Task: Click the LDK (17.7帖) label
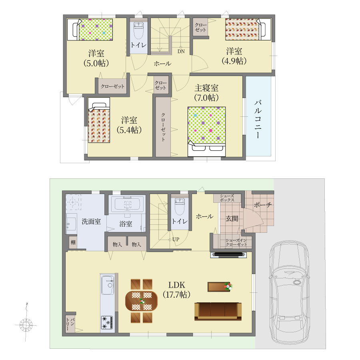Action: click(176, 290)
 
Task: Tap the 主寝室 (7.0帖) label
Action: click(206, 93)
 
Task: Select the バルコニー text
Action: click(258, 119)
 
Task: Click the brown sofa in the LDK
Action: click(218, 311)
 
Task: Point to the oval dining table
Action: click(142, 301)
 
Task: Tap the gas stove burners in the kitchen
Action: click(107, 323)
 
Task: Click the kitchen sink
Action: click(108, 285)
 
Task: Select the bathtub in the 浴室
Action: click(127, 204)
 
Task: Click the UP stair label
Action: click(176, 240)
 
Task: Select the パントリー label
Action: click(70, 324)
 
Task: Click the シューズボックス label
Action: click(227, 198)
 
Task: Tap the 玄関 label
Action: click(232, 218)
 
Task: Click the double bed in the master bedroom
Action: click(207, 132)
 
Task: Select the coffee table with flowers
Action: click(220, 286)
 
